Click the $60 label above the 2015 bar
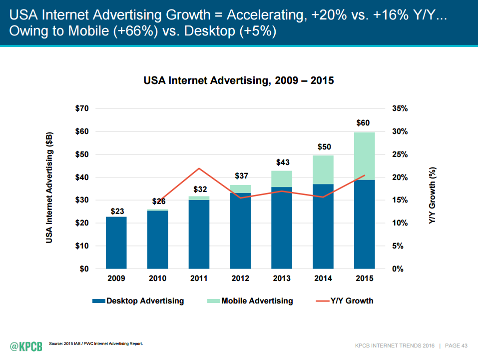(363, 123)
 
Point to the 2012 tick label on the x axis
(240, 278)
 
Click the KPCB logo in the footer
(25, 345)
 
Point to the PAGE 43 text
(457, 345)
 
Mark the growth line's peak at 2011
(199, 168)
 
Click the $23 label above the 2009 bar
(117, 211)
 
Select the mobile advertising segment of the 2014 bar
(323, 169)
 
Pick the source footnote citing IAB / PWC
(96, 343)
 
